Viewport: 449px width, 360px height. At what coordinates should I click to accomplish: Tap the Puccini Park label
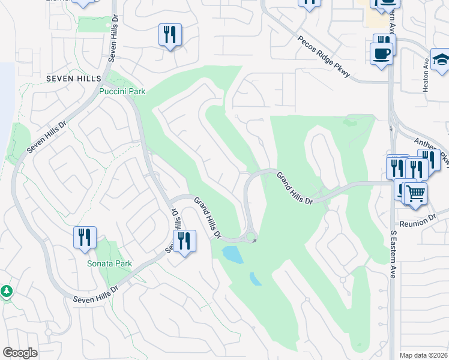pyautogui.click(x=122, y=92)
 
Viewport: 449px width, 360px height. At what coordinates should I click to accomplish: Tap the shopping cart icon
pyautogui.click(x=415, y=193)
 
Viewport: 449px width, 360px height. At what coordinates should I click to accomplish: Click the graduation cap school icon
pyautogui.click(x=441, y=60)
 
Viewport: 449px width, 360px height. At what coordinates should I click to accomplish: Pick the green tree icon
pyautogui.click(x=7, y=291)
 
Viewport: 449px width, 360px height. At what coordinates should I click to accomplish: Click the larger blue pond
pyautogui.click(x=232, y=254)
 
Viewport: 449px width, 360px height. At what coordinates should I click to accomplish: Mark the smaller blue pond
pyautogui.click(x=256, y=279)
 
